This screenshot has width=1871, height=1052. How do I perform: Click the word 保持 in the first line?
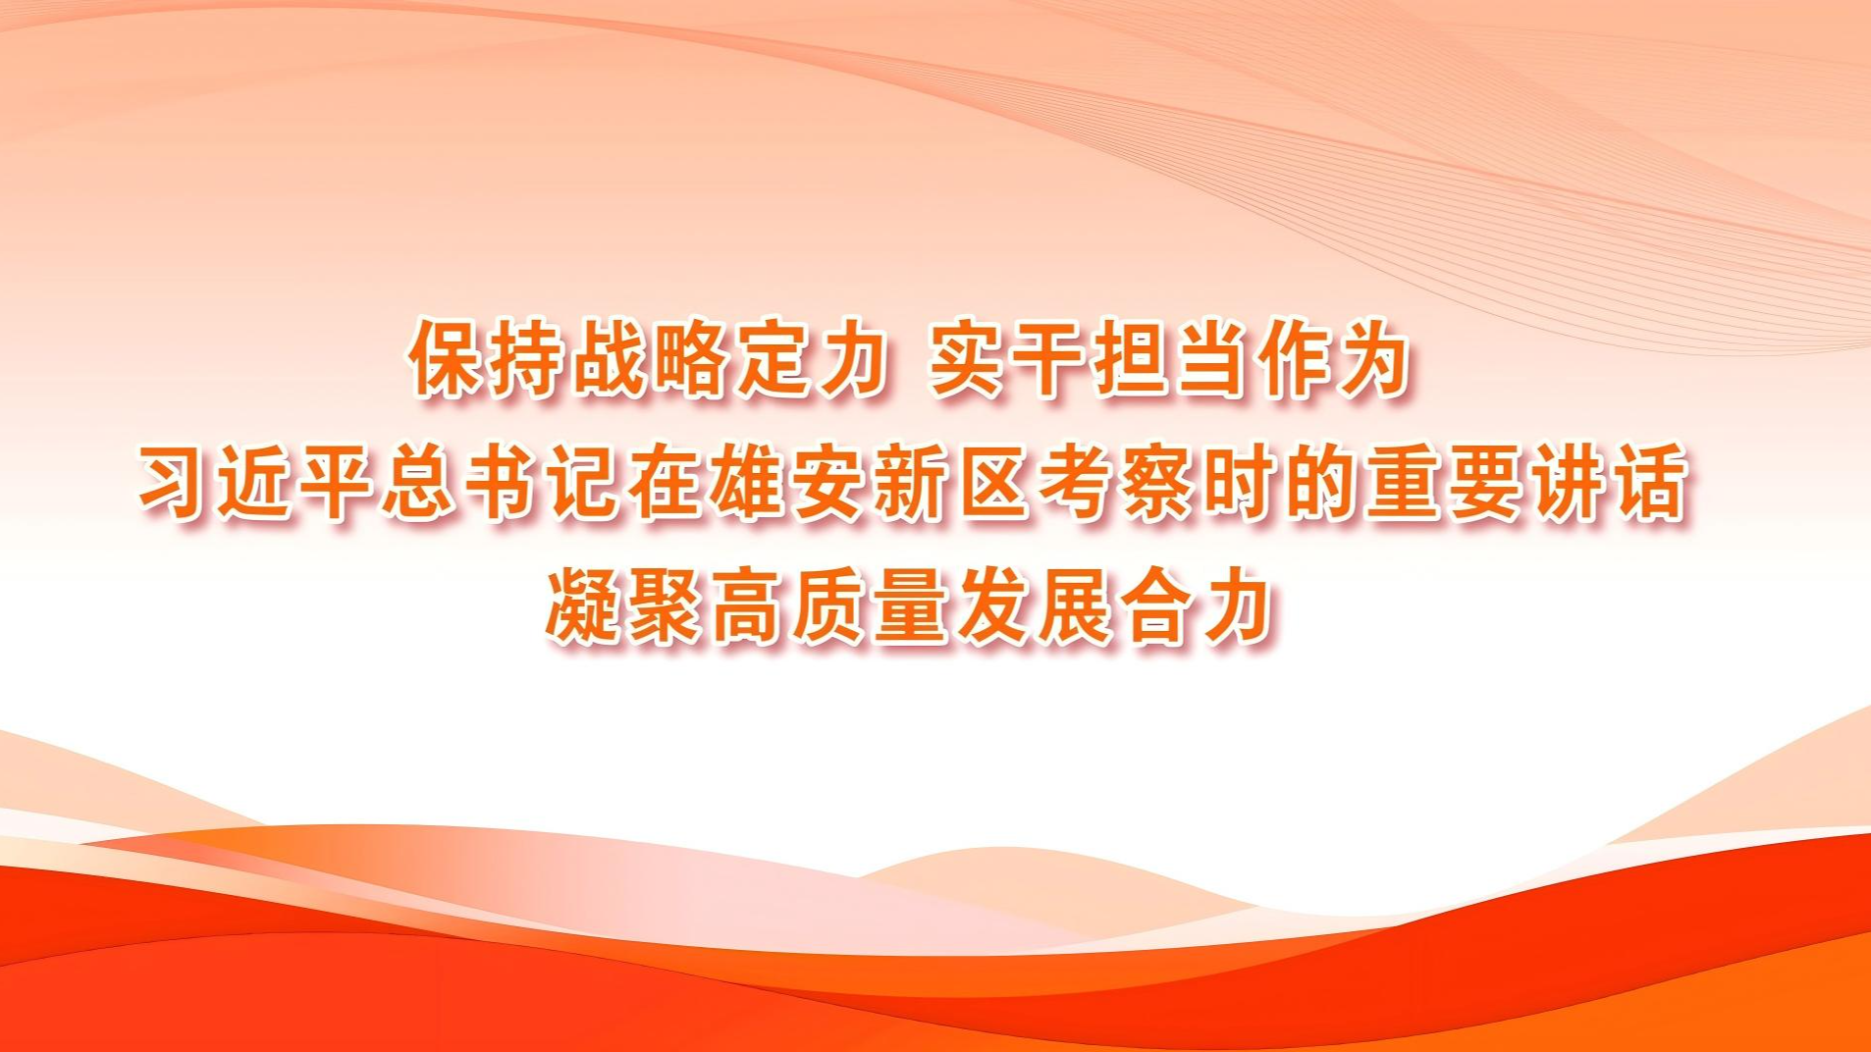[488, 359]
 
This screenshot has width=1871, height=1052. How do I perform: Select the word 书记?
[543, 483]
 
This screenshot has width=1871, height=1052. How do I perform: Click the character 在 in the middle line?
[667, 483]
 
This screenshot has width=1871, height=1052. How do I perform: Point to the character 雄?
[749, 483]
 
